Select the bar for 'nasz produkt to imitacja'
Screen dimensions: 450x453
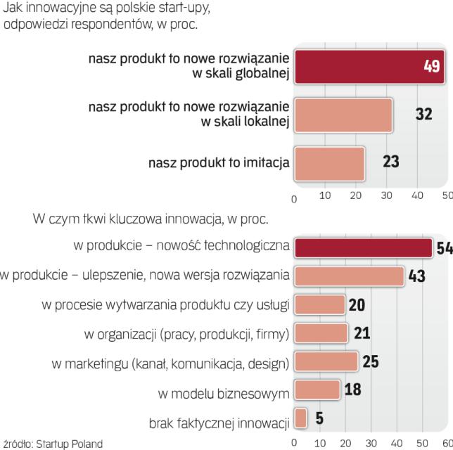point(330,162)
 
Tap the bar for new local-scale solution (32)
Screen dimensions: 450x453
point(343,115)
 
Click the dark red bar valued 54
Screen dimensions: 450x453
point(363,248)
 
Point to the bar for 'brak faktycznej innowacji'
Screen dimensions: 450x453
point(300,418)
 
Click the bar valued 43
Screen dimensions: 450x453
point(349,276)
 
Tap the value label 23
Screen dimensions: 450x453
point(390,162)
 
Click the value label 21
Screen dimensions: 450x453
point(362,333)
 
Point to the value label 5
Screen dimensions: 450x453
point(319,419)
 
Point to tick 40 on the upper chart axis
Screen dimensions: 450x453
point(417,196)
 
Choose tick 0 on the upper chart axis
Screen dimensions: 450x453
point(295,198)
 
